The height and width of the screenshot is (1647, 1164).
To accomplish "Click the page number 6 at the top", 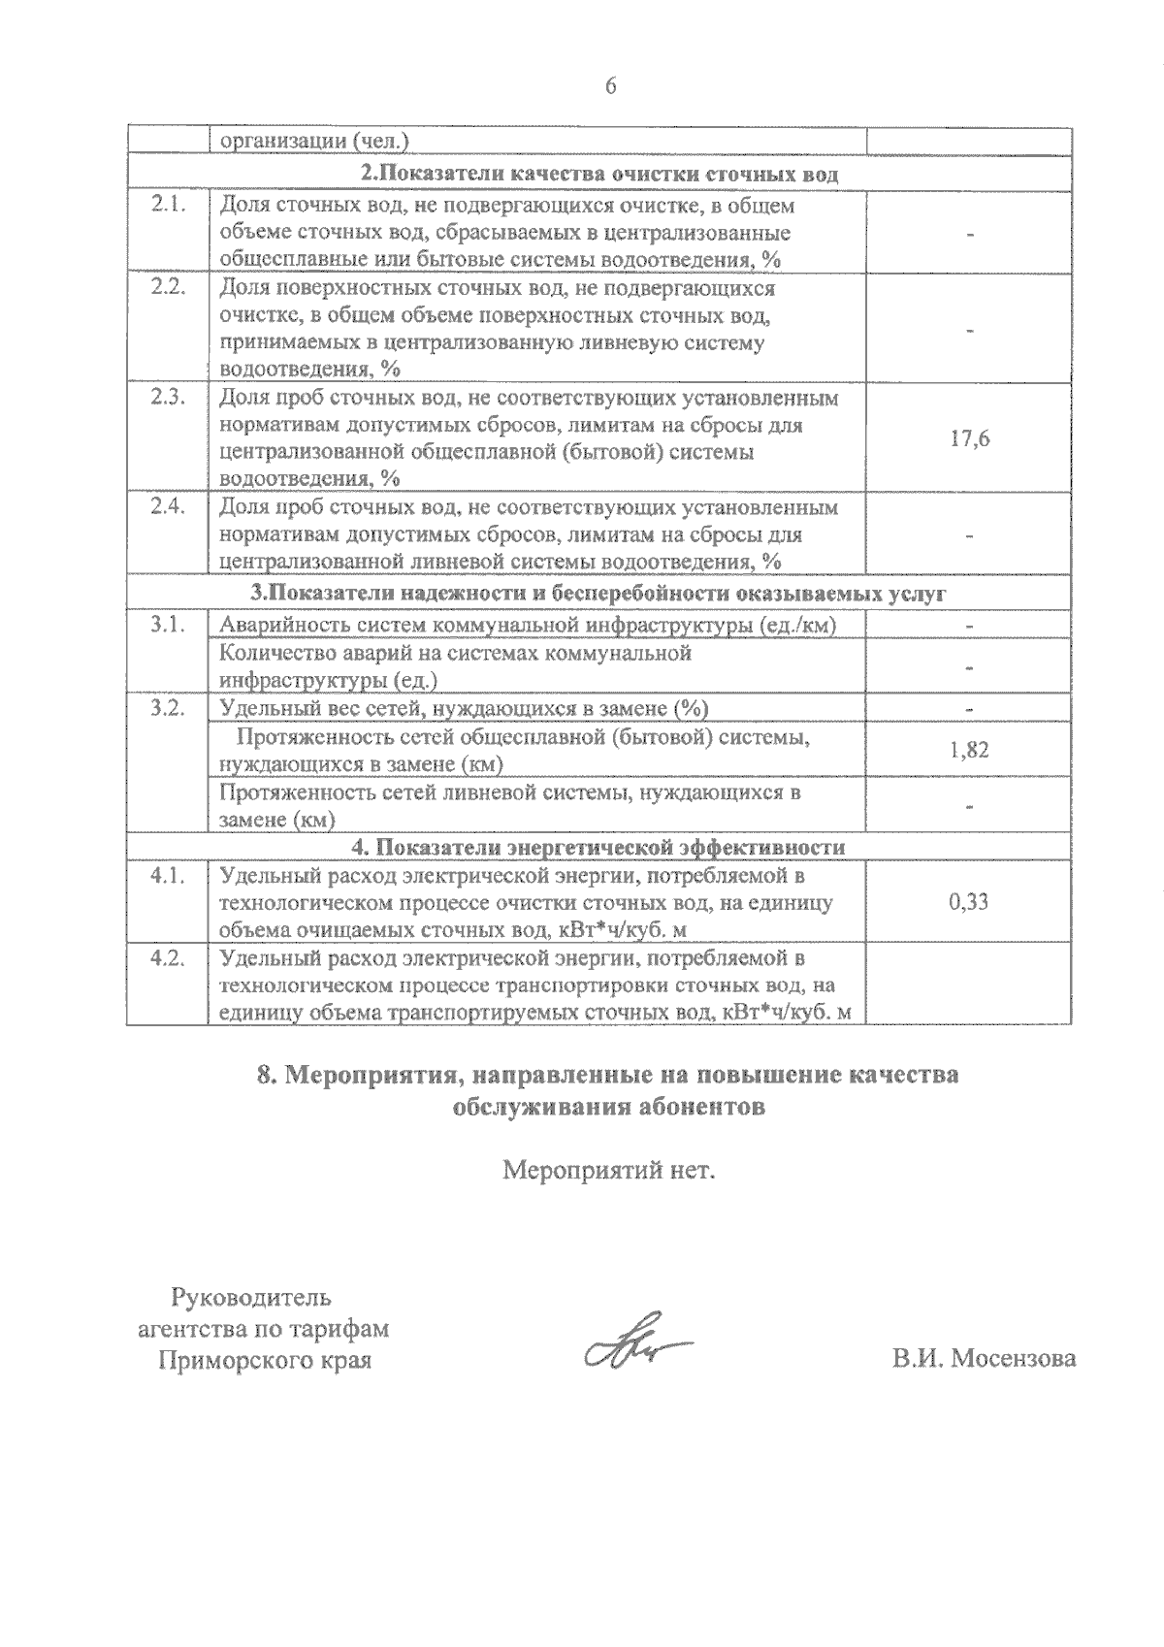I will (x=610, y=86).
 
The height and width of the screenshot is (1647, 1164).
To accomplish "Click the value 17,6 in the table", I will (x=969, y=438).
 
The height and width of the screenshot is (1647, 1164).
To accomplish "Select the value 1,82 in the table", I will (x=969, y=750).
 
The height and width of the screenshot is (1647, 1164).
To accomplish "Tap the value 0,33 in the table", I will (x=969, y=902).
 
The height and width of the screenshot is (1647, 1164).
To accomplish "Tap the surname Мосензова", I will (x=1013, y=1359).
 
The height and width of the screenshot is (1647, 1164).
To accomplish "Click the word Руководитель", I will (x=251, y=1297).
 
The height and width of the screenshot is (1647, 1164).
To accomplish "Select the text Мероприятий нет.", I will (x=608, y=1171).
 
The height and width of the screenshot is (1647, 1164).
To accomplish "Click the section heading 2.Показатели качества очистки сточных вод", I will (x=598, y=176).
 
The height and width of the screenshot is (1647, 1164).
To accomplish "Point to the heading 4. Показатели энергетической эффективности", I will (x=598, y=847).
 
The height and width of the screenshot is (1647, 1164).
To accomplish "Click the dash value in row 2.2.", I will (x=969, y=330).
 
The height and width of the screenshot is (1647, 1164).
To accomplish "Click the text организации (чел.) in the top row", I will (x=314, y=141).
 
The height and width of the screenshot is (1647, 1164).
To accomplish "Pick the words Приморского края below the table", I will (x=265, y=1360).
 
